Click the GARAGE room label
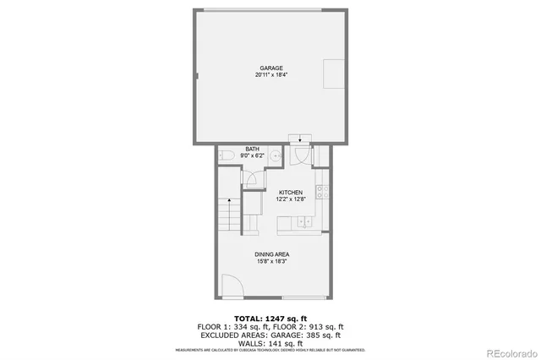(x=270, y=68)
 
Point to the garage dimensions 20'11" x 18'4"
(x=270, y=75)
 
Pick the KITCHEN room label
(x=291, y=193)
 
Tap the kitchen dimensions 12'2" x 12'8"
(x=291, y=200)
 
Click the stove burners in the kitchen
(x=321, y=191)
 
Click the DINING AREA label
(x=270, y=254)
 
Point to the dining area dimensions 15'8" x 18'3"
(x=270, y=261)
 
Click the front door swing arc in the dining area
(x=231, y=287)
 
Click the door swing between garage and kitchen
(x=300, y=155)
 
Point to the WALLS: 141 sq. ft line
(x=270, y=342)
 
